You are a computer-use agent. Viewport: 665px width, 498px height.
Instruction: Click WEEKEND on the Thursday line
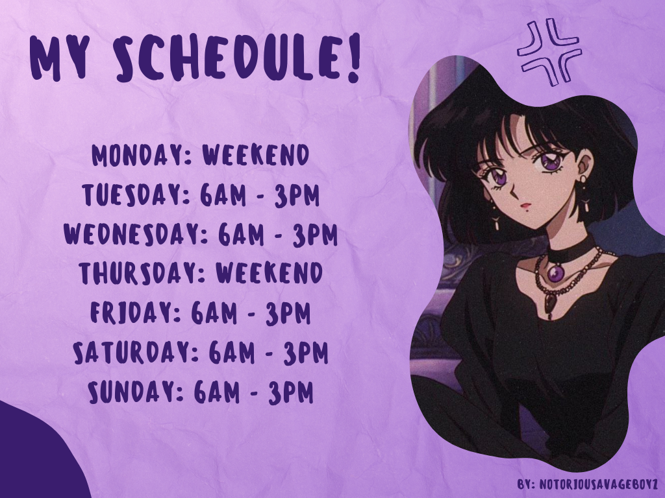coord(270,272)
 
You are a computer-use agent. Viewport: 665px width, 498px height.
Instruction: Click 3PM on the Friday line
coord(288,313)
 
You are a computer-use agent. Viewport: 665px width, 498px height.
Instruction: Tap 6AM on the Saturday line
coord(232,353)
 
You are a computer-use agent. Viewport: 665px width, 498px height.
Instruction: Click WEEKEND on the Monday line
coord(256,156)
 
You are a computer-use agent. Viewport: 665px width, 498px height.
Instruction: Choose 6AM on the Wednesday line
coord(242,233)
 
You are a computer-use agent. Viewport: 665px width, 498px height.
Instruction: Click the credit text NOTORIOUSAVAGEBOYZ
coord(599,484)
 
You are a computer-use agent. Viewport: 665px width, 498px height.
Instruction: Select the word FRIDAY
coord(130,313)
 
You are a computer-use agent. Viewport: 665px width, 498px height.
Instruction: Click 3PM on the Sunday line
coord(291,392)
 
